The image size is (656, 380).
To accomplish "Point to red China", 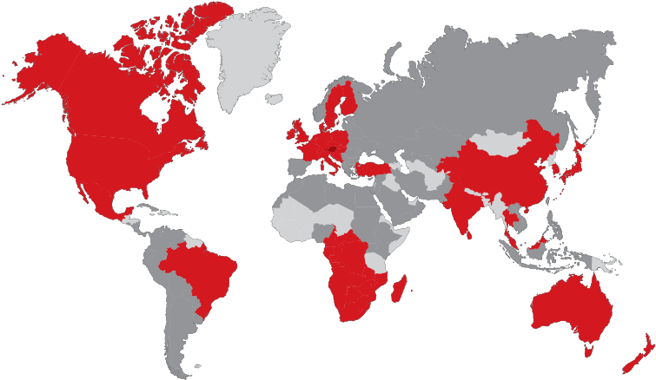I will tap(504, 174).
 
